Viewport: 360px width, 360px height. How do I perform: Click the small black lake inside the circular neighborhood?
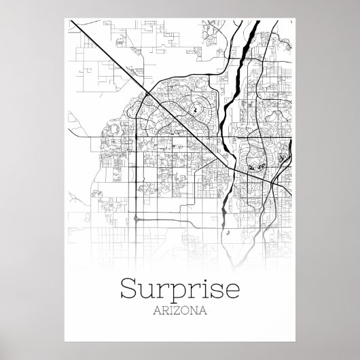click(x=194, y=109)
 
